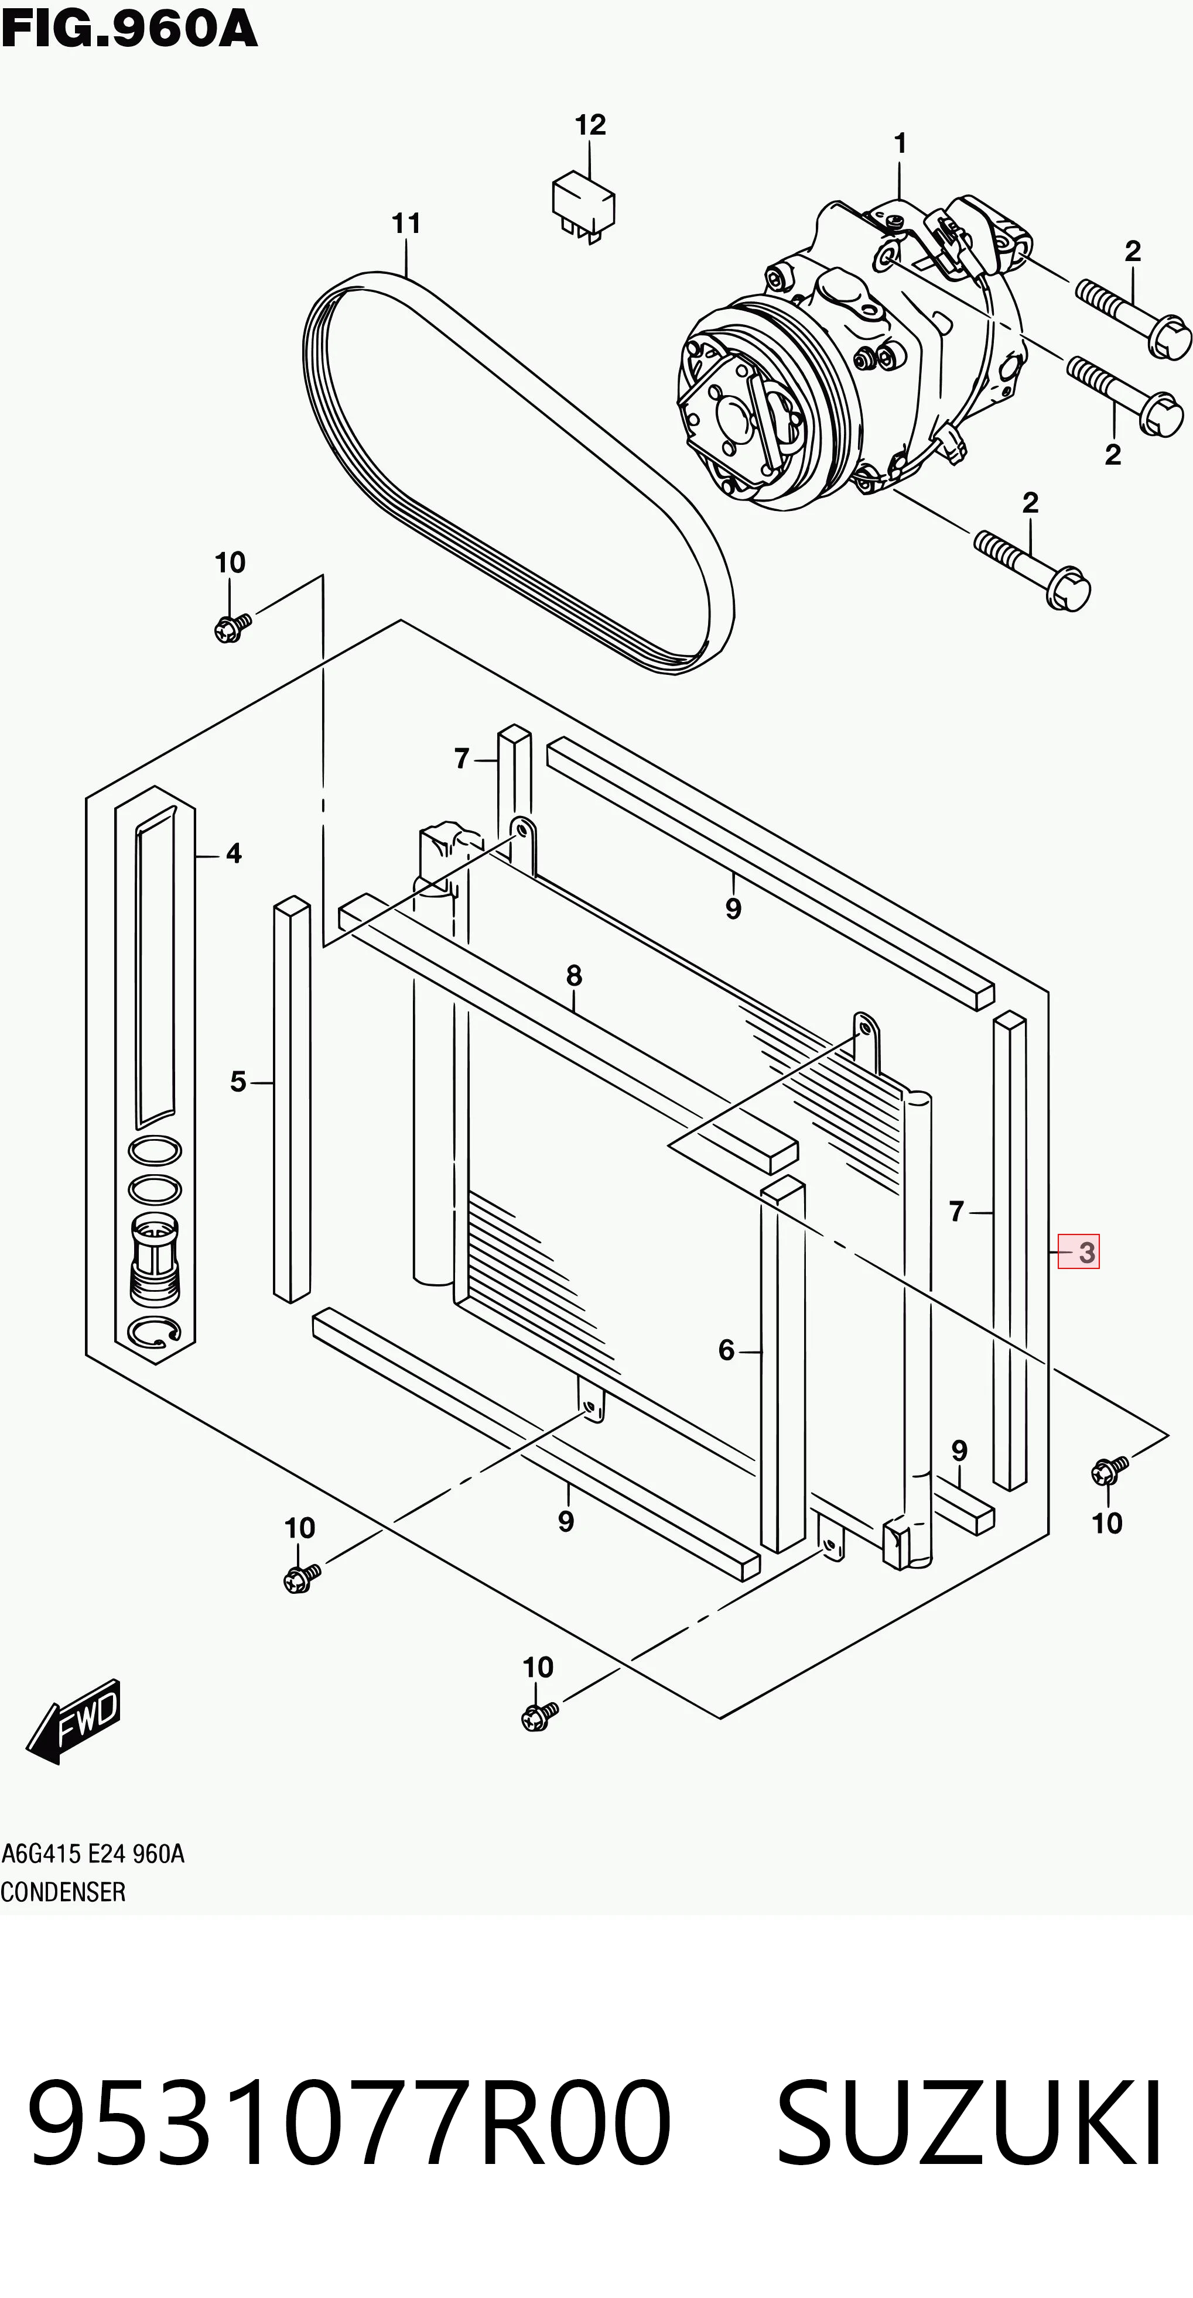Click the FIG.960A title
(129, 29)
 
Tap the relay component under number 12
(583, 207)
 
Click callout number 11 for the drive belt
(406, 223)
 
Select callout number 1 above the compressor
(900, 143)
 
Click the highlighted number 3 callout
(1079, 1251)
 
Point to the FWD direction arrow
(73, 1719)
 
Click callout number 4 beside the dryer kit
(234, 854)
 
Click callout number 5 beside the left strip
(237, 1082)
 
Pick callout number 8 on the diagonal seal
(574, 976)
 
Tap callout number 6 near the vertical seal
(726, 1350)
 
